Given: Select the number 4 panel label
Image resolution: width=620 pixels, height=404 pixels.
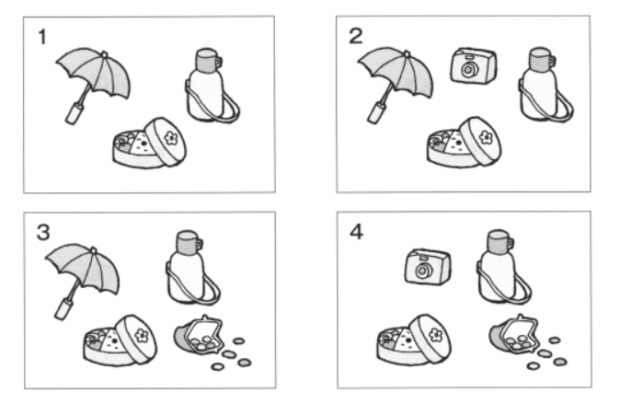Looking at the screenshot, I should pos(356,231).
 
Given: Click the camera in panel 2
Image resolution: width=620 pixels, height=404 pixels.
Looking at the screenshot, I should pos(470,66).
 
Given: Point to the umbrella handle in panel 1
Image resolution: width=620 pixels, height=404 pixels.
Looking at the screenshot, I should pos(71,113).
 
